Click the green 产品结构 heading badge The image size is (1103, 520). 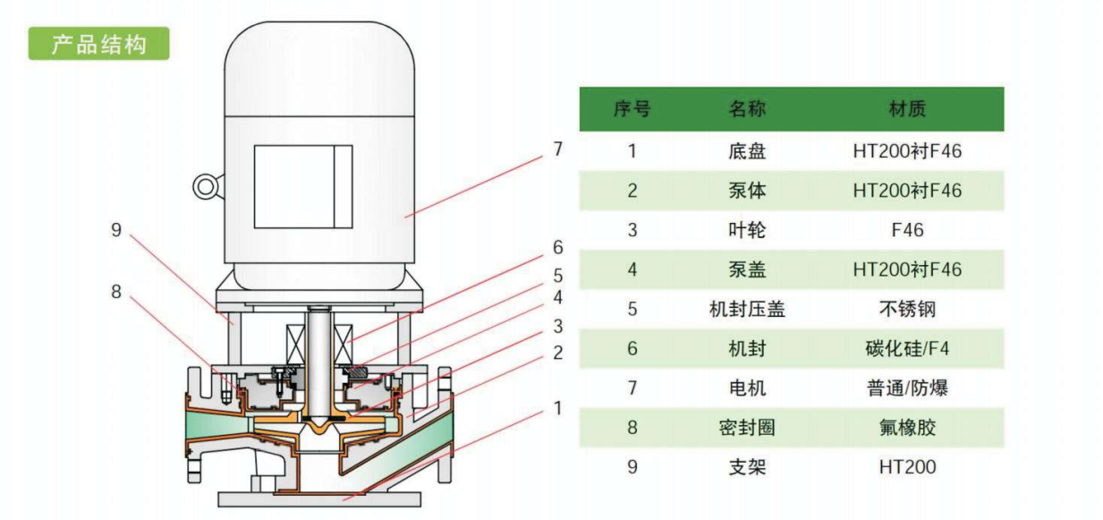[98, 44]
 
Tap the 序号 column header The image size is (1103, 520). [632, 109]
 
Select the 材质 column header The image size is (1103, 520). [907, 109]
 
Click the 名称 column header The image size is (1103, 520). [747, 109]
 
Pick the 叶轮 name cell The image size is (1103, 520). [747, 230]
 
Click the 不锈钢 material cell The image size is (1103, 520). [907, 310]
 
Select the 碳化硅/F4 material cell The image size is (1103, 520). [907, 349]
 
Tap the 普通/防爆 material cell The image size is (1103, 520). [907, 388]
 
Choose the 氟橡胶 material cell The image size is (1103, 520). [907, 428]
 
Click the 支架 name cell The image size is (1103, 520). [747, 467]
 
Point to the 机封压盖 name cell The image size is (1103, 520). [747, 310]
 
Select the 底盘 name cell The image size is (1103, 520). [747, 151]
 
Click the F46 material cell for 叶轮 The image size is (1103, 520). [907, 230]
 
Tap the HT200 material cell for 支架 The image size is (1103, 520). [907, 467]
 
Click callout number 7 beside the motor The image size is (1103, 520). [557, 149]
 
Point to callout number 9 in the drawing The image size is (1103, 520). [116, 230]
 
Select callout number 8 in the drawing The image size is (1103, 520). [116, 292]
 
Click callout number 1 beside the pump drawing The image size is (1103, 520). [557, 408]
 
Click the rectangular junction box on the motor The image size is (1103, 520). [303, 187]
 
